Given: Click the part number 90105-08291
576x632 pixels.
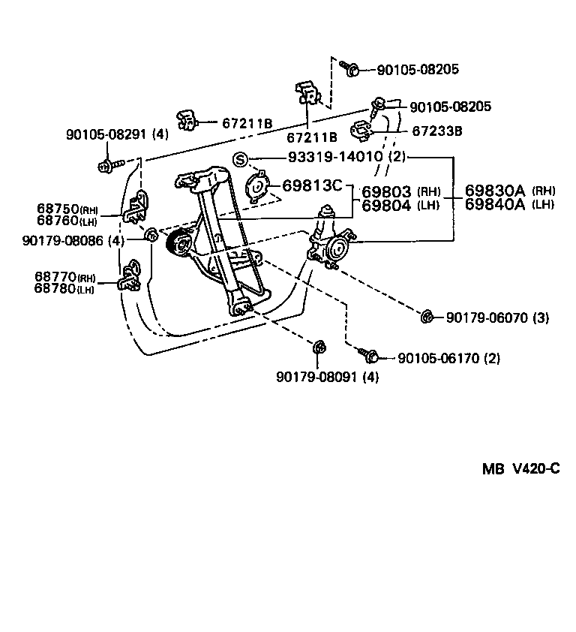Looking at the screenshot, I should [108, 135].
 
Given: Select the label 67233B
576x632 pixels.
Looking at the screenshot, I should [436, 131].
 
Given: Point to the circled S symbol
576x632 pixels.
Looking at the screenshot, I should [240, 158].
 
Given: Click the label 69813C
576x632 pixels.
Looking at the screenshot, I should [312, 185].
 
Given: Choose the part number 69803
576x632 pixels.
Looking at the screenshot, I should [386, 192].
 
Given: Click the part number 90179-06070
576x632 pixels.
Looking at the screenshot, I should [487, 318].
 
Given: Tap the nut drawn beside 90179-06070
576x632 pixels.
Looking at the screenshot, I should [427, 317].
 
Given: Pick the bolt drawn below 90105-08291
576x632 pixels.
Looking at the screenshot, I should [106, 164].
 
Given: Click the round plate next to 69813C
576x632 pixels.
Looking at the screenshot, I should [259, 185].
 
